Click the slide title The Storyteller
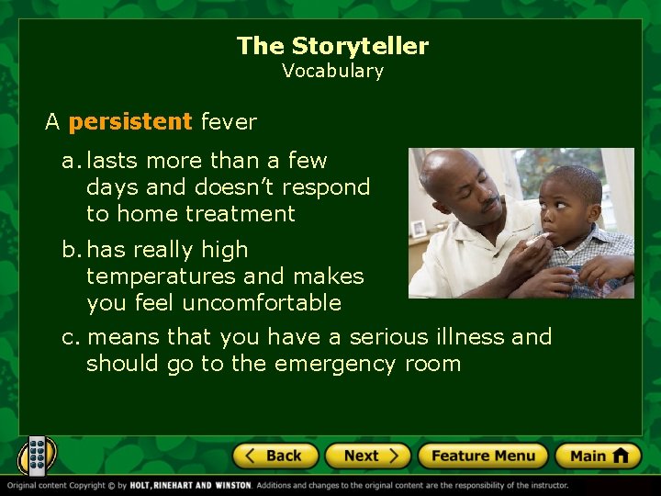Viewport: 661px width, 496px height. click(332, 46)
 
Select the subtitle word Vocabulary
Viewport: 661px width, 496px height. click(332, 71)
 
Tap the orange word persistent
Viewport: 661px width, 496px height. click(130, 121)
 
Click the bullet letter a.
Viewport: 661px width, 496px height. click(69, 162)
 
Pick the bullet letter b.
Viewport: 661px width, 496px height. click(69, 250)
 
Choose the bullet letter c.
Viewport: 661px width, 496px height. click(69, 338)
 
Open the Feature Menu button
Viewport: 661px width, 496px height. click(483, 456)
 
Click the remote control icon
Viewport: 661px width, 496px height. click(38, 455)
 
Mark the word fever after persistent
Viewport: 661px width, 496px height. click(229, 121)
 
